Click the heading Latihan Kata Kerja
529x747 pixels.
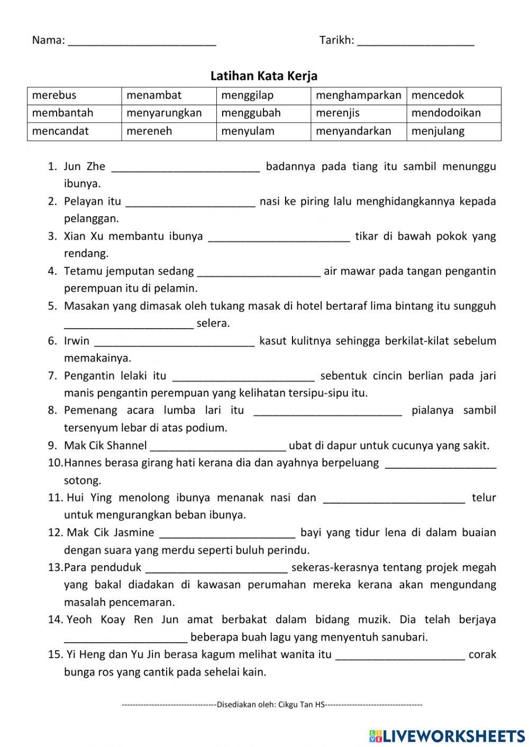point(263,76)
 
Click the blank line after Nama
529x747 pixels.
point(142,42)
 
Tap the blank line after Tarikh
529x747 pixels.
point(416,42)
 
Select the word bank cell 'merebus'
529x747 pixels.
point(74,96)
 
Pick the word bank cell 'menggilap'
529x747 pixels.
point(263,96)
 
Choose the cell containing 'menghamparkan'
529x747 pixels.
point(359,96)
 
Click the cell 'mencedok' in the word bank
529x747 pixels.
point(453,96)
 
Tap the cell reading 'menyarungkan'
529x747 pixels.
point(169,113)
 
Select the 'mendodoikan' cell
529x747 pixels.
point(453,113)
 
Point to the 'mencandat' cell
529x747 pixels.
point(74,131)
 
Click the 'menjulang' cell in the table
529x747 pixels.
point(453,131)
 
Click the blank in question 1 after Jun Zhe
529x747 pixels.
point(186,168)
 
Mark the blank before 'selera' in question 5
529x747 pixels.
point(129,325)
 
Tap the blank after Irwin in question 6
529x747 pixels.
point(174,342)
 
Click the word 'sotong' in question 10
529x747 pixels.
point(83,481)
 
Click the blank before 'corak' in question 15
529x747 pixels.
point(400,656)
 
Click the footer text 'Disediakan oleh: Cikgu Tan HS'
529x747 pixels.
point(271,704)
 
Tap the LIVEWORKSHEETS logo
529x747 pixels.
point(447,735)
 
